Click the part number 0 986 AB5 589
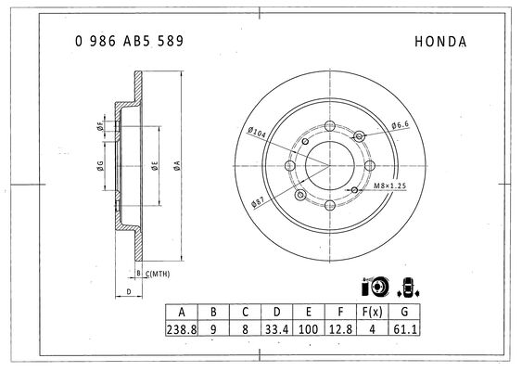point(129,41)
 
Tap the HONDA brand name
point(440,42)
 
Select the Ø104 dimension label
point(257,133)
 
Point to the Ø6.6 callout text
point(401,125)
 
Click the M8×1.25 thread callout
point(389,185)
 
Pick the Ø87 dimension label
point(258,202)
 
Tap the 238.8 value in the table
point(182,329)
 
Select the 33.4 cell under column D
point(276,329)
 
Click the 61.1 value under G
point(405,329)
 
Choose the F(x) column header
point(373,312)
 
